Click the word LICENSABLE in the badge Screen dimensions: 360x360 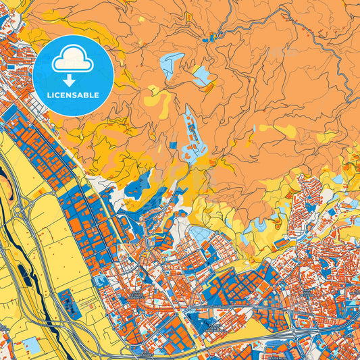(x=73, y=95)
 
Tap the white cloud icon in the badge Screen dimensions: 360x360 (x=73, y=63)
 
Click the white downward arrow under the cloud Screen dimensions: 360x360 (x=73, y=80)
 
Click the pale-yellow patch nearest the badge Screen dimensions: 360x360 (x=159, y=101)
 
